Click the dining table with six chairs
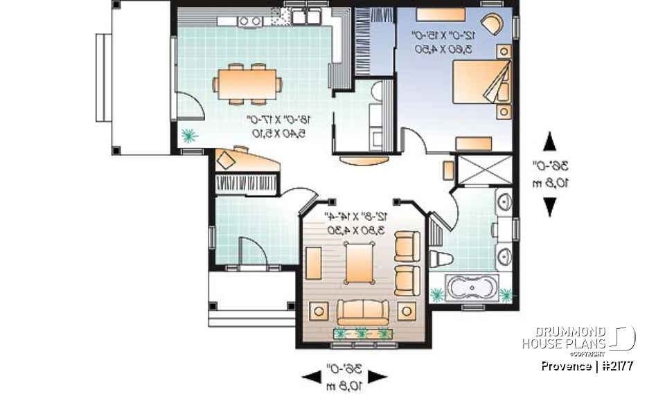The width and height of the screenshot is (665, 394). [x=247, y=84]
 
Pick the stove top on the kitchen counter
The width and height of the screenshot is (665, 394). [x=249, y=21]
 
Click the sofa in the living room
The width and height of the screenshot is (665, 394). [x=363, y=311]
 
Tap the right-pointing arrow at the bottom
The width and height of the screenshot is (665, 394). [x=376, y=375]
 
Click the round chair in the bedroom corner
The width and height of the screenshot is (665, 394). [x=493, y=24]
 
